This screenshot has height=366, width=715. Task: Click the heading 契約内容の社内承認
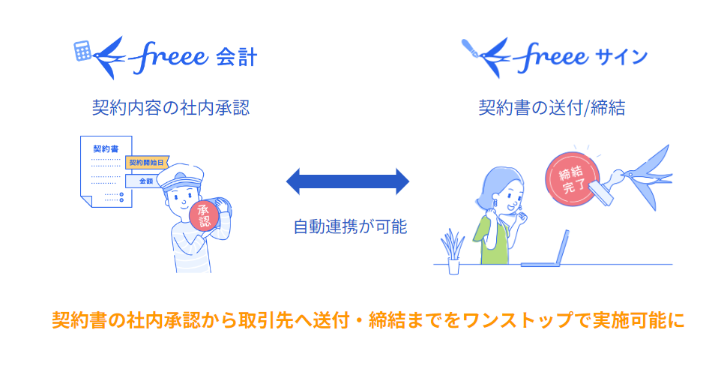[x=170, y=107]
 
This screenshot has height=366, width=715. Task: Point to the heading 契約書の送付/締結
[x=552, y=107]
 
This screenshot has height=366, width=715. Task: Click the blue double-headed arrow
[x=349, y=181]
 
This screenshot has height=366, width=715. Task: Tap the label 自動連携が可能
[x=349, y=226]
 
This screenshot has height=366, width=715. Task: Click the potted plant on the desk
[x=453, y=252]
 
